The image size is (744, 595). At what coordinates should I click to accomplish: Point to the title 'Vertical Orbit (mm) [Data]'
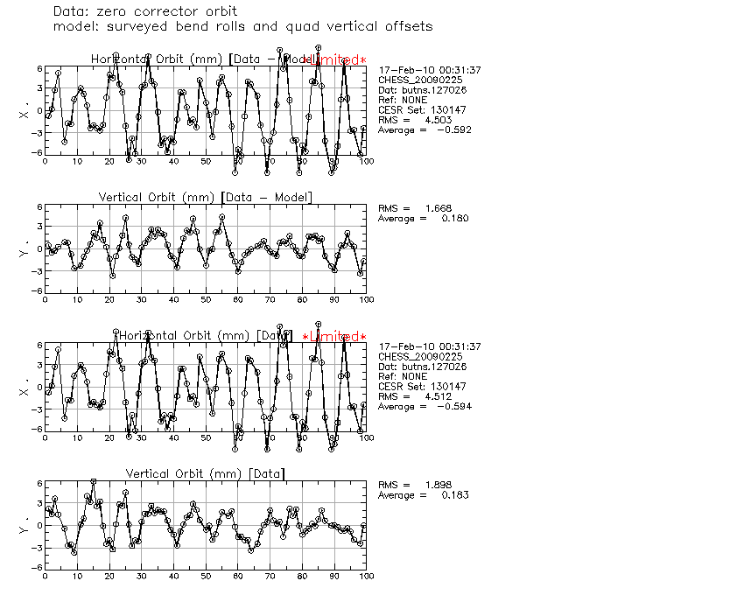point(205,473)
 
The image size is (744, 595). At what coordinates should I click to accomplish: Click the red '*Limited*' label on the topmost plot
point(334,60)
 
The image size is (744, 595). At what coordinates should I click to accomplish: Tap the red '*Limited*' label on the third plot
point(334,338)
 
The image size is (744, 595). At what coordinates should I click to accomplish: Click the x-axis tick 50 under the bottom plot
point(205,576)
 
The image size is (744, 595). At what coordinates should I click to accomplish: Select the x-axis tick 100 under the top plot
point(366,161)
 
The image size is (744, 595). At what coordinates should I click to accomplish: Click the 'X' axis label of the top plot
point(24,114)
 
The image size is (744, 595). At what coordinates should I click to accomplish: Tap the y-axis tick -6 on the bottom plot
point(38,567)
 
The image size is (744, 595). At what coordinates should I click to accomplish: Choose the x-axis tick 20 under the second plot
point(109,299)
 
